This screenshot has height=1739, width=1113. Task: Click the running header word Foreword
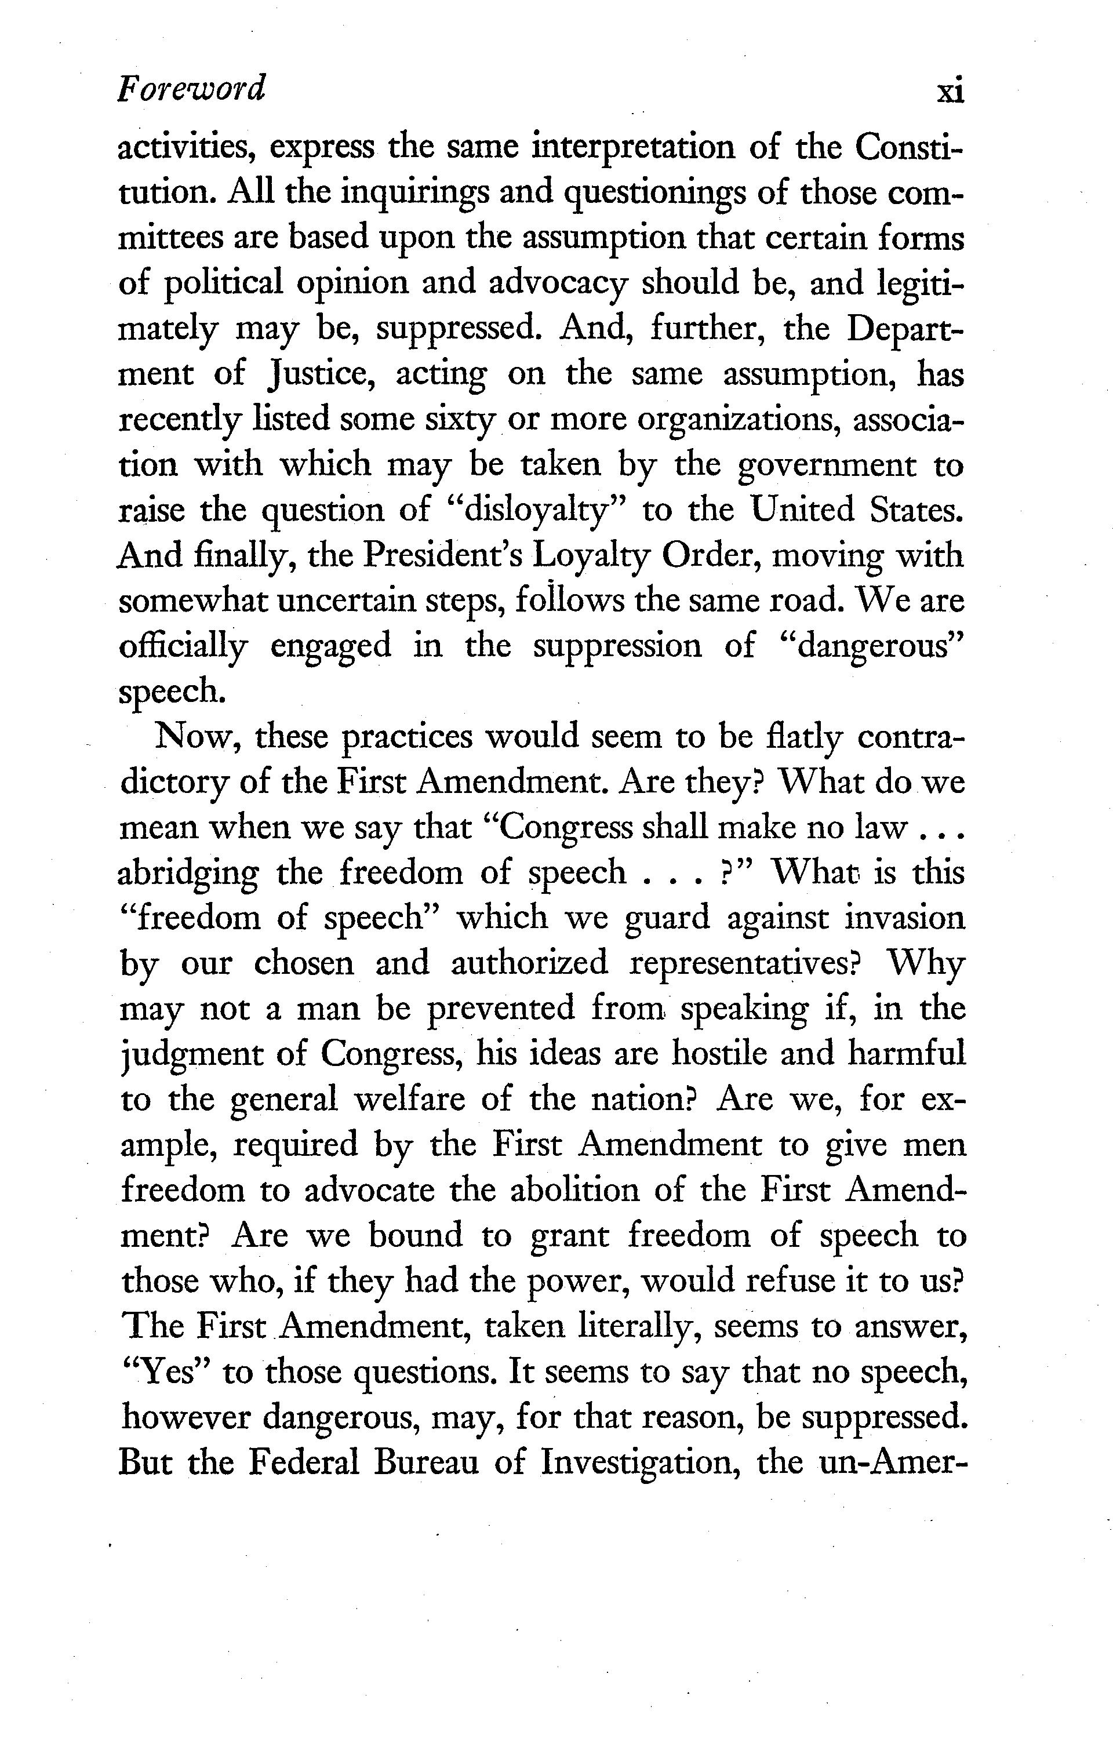pos(191,89)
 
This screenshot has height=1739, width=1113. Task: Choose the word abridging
pos(188,874)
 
